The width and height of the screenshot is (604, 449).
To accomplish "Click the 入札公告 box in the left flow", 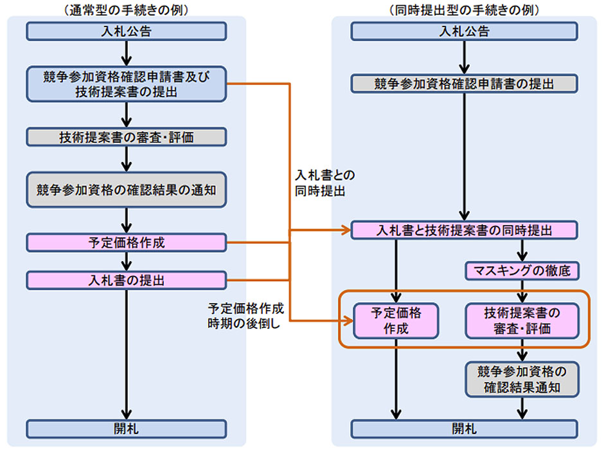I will pyautogui.click(x=127, y=31).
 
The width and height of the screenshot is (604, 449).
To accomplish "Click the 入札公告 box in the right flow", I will pyautogui.click(x=464, y=31).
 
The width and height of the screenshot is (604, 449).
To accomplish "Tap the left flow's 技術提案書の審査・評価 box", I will pyautogui.click(x=127, y=136).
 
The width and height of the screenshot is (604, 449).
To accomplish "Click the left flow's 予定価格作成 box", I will pyautogui.click(x=127, y=243).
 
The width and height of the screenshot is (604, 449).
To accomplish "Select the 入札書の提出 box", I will pyautogui.click(x=127, y=280).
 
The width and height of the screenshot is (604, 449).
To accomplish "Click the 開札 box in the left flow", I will pyautogui.click(x=127, y=428).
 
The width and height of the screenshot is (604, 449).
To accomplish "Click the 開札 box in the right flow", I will pyautogui.click(x=464, y=428).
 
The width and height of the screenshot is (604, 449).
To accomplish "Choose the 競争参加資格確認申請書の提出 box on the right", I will pyautogui.click(x=464, y=83).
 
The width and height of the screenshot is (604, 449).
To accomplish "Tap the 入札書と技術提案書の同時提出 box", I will pyautogui.click(x=464, y=230).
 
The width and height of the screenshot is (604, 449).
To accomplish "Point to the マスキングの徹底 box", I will pyautogui.click(x=522, y=271).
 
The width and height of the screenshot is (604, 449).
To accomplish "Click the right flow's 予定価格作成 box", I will pyautogui.click(x=396, y=320).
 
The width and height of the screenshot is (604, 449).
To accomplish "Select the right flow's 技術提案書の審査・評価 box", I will pyautogui.click(x=522, y=320).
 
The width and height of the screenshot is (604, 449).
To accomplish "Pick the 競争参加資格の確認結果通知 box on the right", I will pyautogui.click(x=522, y=378).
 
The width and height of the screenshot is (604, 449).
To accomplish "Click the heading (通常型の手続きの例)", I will pyautogui.click(x=127, y=10).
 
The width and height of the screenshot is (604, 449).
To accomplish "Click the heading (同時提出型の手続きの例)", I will pyautogui.click(x=464, y=10).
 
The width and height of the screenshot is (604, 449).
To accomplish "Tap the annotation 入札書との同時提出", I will pyautogui.click(x=324, y=183).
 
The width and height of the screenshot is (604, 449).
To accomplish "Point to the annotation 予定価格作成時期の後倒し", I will pyautogui.click(x=244, y=316).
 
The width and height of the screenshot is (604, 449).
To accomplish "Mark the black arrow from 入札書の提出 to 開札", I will pyautogui.click(x=127, y=354).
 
